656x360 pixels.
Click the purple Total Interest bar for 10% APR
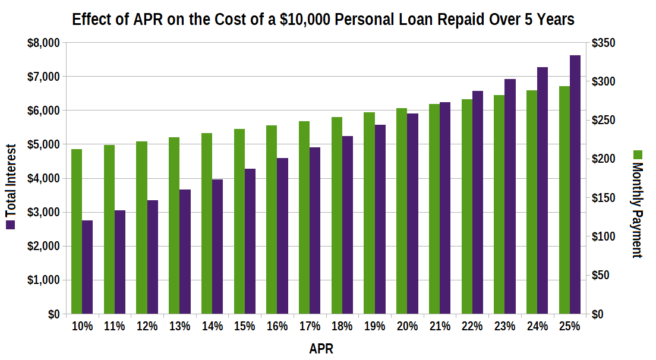(87, 267)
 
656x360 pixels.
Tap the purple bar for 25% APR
(575, 184)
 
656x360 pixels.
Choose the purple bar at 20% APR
(412, 213)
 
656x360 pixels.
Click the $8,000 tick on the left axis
(43, 43)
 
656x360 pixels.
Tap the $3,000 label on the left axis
(43, 212)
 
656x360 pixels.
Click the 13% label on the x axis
(179, 326)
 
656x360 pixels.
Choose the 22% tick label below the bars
(473, 326)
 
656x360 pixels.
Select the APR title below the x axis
(321, 349)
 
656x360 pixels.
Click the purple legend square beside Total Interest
(10, 225)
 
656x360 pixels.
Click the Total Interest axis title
(10, 181)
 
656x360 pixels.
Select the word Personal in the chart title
(363, 19)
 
